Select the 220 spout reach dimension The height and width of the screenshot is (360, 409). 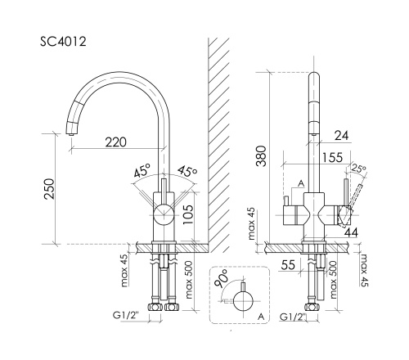(115, 142)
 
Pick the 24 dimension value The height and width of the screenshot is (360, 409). (343, 134)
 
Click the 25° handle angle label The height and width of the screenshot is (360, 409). (357, 170)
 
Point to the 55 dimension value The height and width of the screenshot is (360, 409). (288, 263)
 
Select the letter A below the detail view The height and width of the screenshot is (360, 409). (259, 314)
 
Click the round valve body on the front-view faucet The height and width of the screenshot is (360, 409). (163, 217)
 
